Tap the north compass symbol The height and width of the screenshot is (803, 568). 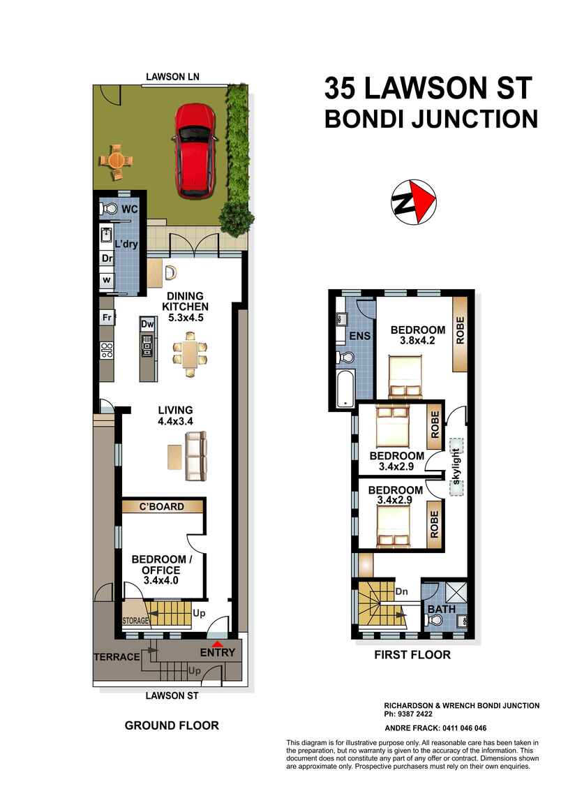pyautogui.click(x=412, y=202)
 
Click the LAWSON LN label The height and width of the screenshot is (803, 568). pyautogui.click(x=171, y=77)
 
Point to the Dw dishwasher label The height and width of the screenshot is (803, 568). pyautogui.click(x=147, y=324)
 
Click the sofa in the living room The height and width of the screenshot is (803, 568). pyautogui.click(x=196, y=455)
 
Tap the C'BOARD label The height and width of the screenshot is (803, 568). pyautogui.click(x=163, y=506)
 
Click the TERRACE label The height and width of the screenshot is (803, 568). pyautogui.click(x=117, y=657)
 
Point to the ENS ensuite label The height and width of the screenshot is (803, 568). pyautogui.click(x=360, y=336)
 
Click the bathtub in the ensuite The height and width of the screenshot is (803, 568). pyautogui.click(x=345, y=390)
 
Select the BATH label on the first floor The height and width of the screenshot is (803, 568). pyautogui.click(x=442, y=610)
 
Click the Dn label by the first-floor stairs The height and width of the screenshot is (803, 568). pyautogui.click(x=401, y=591)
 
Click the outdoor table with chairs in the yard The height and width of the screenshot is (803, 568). pyautogui.click(x=116, y=159)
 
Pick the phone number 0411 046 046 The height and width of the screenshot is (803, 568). pyautogui.click(x=460, y=728)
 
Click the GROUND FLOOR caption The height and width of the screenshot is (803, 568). pyautogui.click(x=172, y=725)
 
